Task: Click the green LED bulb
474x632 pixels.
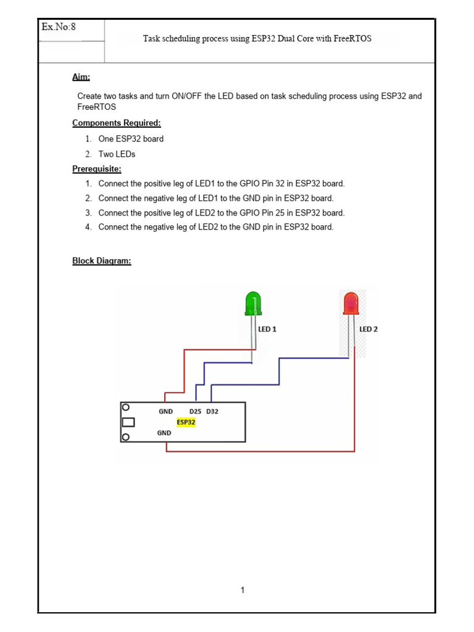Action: [253, 304]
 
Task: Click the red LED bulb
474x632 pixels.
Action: [351, 304]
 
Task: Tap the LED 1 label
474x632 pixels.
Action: [267, 329]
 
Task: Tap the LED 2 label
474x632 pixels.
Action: [368, 329]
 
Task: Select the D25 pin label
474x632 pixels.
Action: [196, 411]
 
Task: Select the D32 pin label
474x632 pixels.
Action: [212, 411]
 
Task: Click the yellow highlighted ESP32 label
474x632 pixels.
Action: [186, 422]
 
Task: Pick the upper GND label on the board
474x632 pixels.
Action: [165, 411]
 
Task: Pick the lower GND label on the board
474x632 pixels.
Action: [164, 433]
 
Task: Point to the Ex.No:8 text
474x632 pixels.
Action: [59, 27]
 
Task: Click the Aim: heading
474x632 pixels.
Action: [81, 77]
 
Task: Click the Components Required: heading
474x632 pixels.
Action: [116, 123]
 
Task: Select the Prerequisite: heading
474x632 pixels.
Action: [96, 168]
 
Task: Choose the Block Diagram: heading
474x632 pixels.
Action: [102, 260]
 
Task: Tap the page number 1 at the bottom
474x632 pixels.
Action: [243, 590]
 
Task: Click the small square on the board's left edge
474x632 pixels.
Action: [128, 423]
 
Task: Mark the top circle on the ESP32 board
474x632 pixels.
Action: [126, 408]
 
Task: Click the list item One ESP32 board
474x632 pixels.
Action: [131, 139]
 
